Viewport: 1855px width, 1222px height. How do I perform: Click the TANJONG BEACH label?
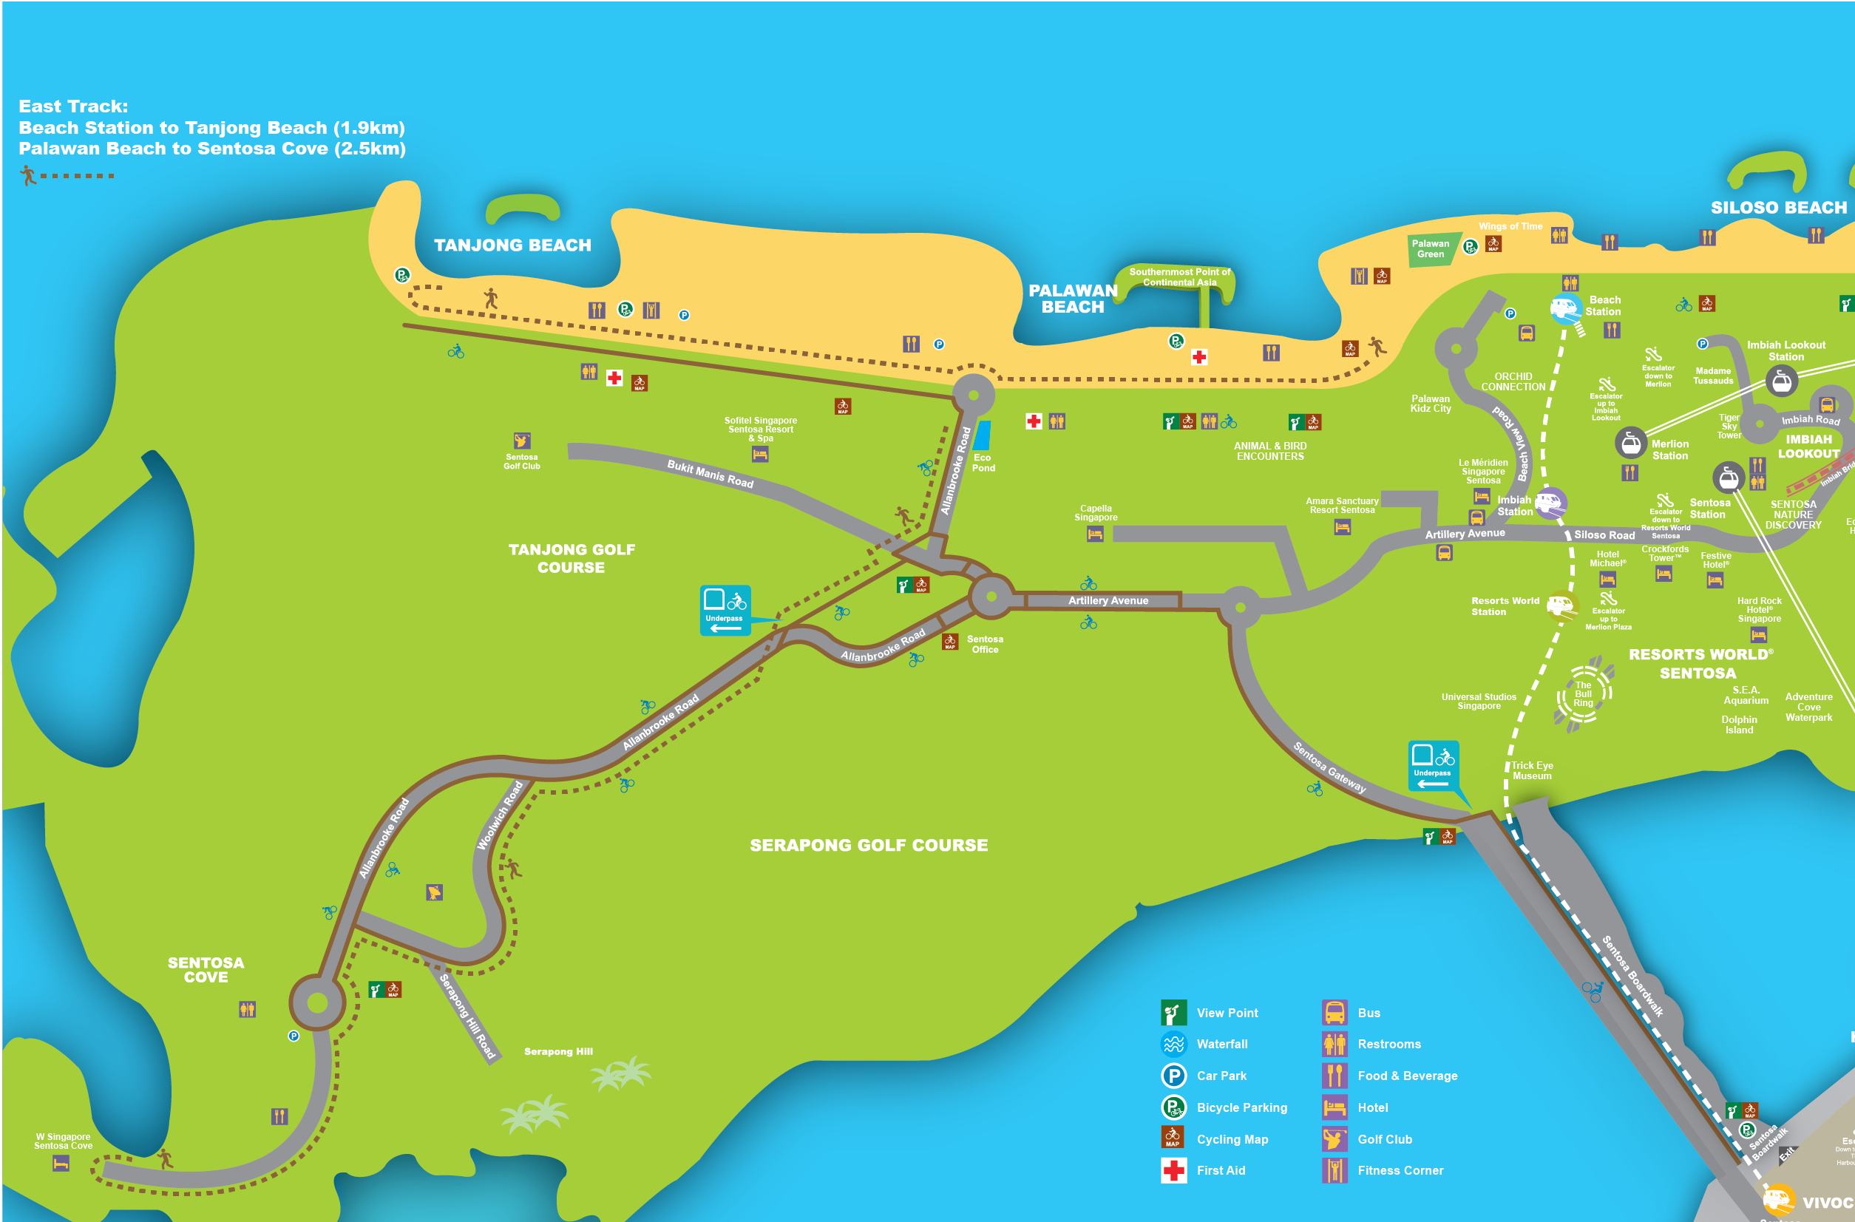click(x=512, y=245)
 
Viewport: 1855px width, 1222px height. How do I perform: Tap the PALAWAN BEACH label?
click(x=1073, y=299)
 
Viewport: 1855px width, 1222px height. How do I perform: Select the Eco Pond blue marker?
click(x=983, y=435)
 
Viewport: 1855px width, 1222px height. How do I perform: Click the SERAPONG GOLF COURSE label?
click(x=868, y=845)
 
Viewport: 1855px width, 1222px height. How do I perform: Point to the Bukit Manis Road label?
click(x=710, y=474)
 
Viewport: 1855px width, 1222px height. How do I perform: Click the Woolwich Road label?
click(x=500, y=815)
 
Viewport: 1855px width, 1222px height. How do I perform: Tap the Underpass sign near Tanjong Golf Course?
click(x=725, y=610)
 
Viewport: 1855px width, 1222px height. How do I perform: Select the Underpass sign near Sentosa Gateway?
click(x=1433, y=765)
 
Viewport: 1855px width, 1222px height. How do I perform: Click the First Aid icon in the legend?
click(x=1174, y=1170)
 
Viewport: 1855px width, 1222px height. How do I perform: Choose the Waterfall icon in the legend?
click(x=1174, y=1044)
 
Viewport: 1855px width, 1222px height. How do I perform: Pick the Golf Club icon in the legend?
click(x=1335, y=1139)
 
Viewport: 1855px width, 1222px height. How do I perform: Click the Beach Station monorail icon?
click(x=1565, y=308)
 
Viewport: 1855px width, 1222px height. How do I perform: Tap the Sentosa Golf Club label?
click(x=521, y=461)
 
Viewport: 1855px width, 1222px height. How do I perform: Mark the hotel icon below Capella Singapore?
click(x=1095, y=534)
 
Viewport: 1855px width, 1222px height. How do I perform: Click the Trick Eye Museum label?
click(x=1532, y=770)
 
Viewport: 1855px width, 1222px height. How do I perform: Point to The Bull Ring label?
click(x=1583, y=693)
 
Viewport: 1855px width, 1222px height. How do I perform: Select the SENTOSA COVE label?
click(x=206, y=969)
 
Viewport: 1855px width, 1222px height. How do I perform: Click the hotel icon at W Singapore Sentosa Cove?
click(x=61, y=1164)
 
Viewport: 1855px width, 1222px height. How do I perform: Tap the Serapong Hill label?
click(x=558, y=1051)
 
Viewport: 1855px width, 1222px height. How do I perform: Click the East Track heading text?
click(x=73, y=106)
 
